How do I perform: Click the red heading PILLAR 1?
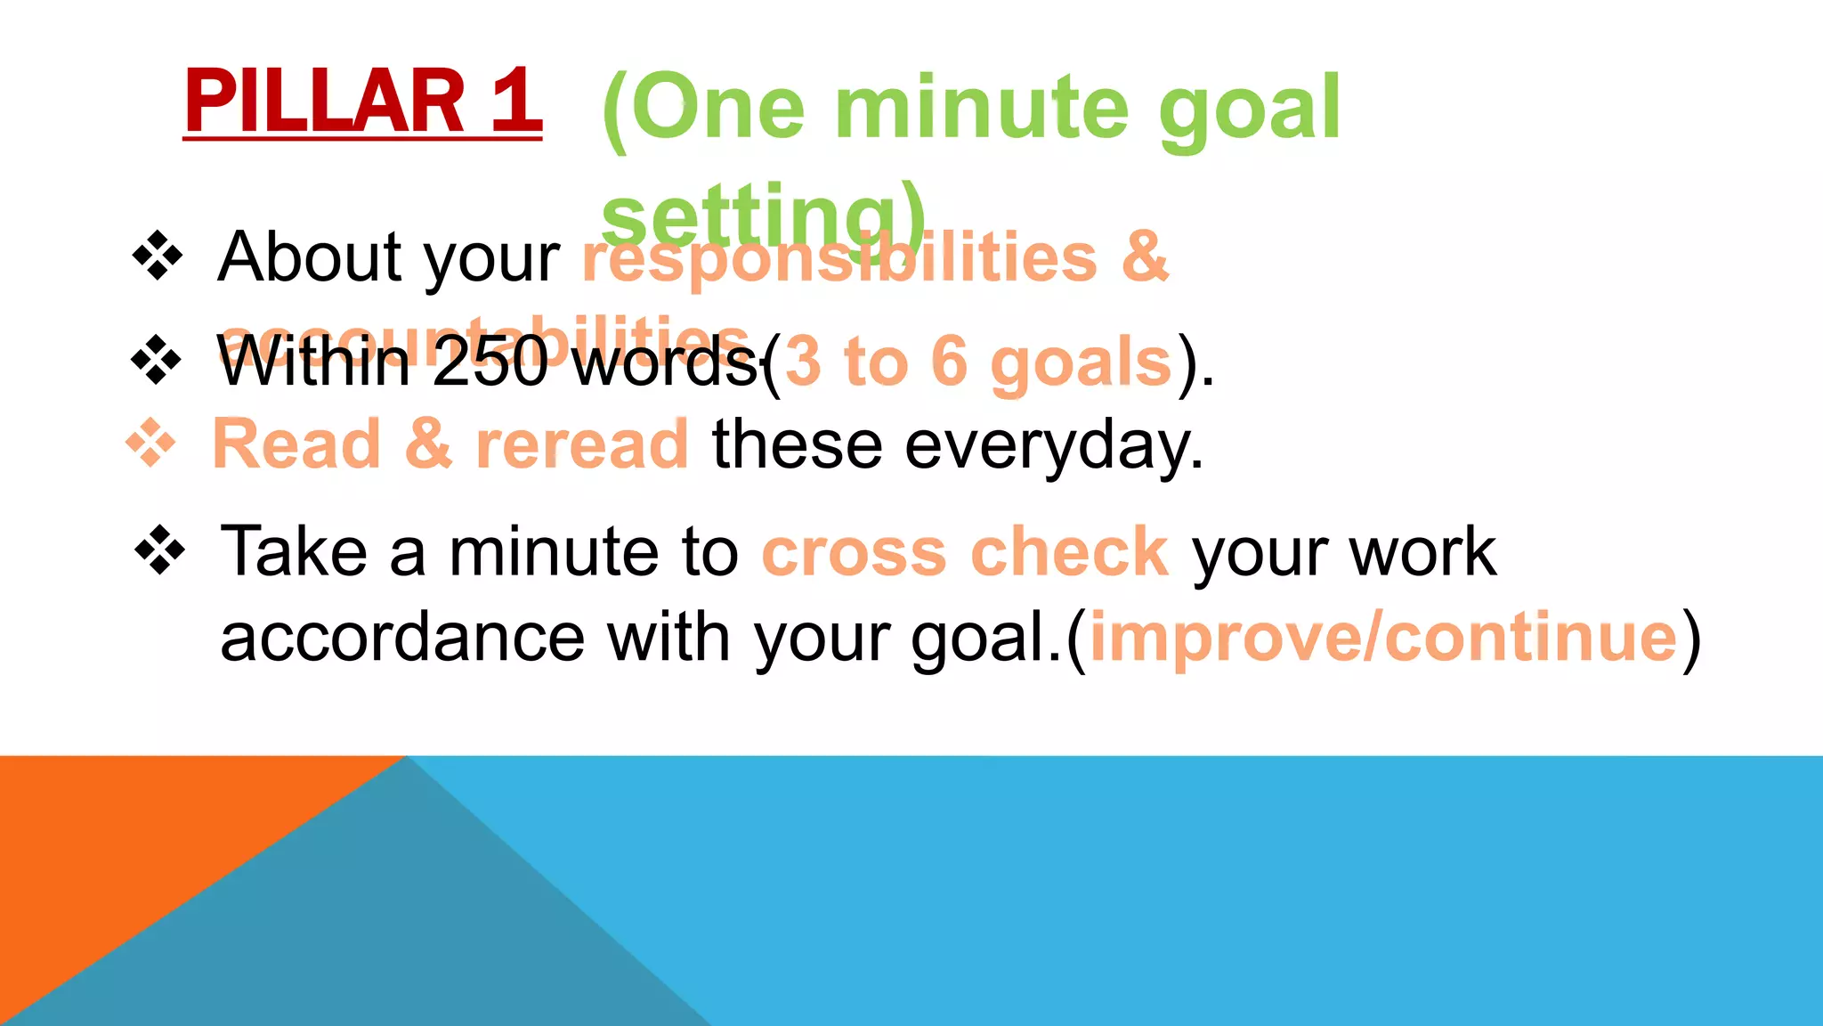pyautogui.click(x=362, y=102)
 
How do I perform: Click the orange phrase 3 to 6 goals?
pyautogui.click(x=978, y=362)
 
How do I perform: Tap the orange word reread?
pyautogui.click(x=582, y=444)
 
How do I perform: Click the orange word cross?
pyautogui.click(x=854, y=552)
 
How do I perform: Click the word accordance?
pyautogui.click(x=402, y=638)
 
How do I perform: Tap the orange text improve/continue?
pyautogui.click(x=1384, y=638)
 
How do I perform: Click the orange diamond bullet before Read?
pyautogui.click(x=150, y=443)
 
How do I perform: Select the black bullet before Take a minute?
pyautogui.click(x=160, y=550)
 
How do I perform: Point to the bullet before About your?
pyautogui.click(x=158, y=256)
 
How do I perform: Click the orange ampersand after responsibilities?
pyautogui.click(x=1145, y=257)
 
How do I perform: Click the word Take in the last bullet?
pyautogui.click(x=294, y=552)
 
